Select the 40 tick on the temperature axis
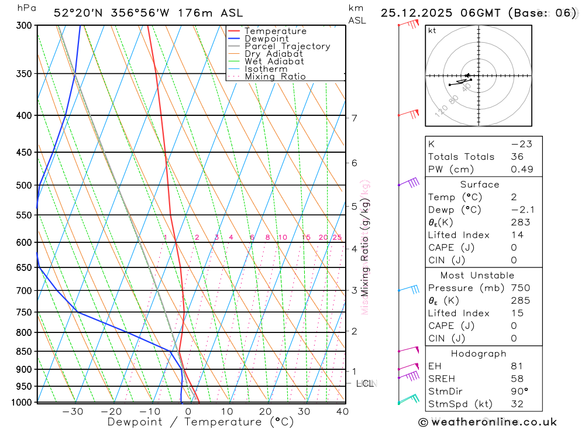(x=343, y=411)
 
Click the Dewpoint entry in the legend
(x=266, y=39)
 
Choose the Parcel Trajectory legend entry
(x=287, y=46)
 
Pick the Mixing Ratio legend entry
(x=275, y=77)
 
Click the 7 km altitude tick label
(x=354, y=118)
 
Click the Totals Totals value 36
(x=517, y=156)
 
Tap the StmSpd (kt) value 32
(x=517, y=404)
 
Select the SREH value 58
(x=517, y=379)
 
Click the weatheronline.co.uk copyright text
(x=488, y=422)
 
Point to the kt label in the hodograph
(x=432, y=30)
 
